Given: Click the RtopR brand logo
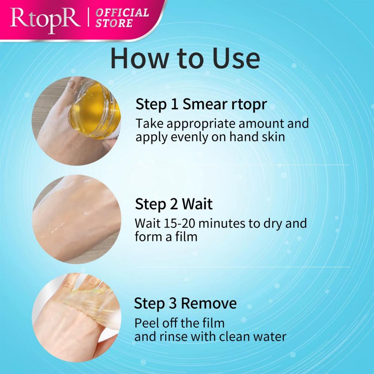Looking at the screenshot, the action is pos(45,20).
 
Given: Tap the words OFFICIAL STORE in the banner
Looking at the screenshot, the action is pos(122,18).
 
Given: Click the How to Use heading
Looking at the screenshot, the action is pos(185,59).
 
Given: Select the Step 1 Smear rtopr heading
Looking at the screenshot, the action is pos(201,104).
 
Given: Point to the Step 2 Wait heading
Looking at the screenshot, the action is pos(173,204).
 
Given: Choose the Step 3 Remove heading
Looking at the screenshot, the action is pos(185,304).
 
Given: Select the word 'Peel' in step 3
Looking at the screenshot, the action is pos(146,323).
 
